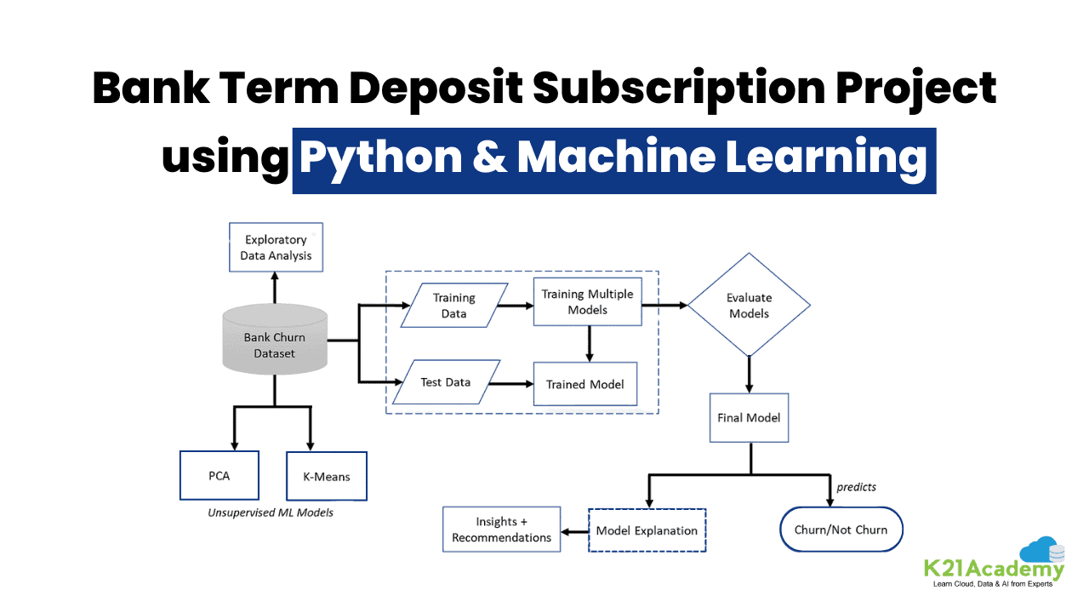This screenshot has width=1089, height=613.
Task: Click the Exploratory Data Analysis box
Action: click(x=276, y=248)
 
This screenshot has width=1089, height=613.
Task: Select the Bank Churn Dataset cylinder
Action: click(x=274, y=345)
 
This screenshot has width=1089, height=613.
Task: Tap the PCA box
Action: click(x=220, y=476)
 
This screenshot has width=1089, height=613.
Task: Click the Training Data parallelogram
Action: click(x=454, y=306)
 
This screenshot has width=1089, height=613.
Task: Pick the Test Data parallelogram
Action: click(x=446, y=382)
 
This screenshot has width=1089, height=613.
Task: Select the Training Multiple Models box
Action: click(x=587, y=302)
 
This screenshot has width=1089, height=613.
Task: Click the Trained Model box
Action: click(x=585, y=384)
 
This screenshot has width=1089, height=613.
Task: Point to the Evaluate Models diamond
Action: click(x=749, y=306)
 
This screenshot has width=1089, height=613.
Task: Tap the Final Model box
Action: click(x=749, y=417)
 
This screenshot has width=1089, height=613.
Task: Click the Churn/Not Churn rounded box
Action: click(x=841, y=530)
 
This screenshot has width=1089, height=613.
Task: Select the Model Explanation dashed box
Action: click(x=647, y=530)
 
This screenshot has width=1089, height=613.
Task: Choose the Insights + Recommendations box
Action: click(x=501, y=530)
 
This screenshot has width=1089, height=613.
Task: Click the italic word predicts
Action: click(x=856, y=487)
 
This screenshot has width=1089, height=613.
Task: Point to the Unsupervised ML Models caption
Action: click(x=271, y=513)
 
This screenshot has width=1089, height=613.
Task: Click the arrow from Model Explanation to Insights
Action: click(x=575, y=530)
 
